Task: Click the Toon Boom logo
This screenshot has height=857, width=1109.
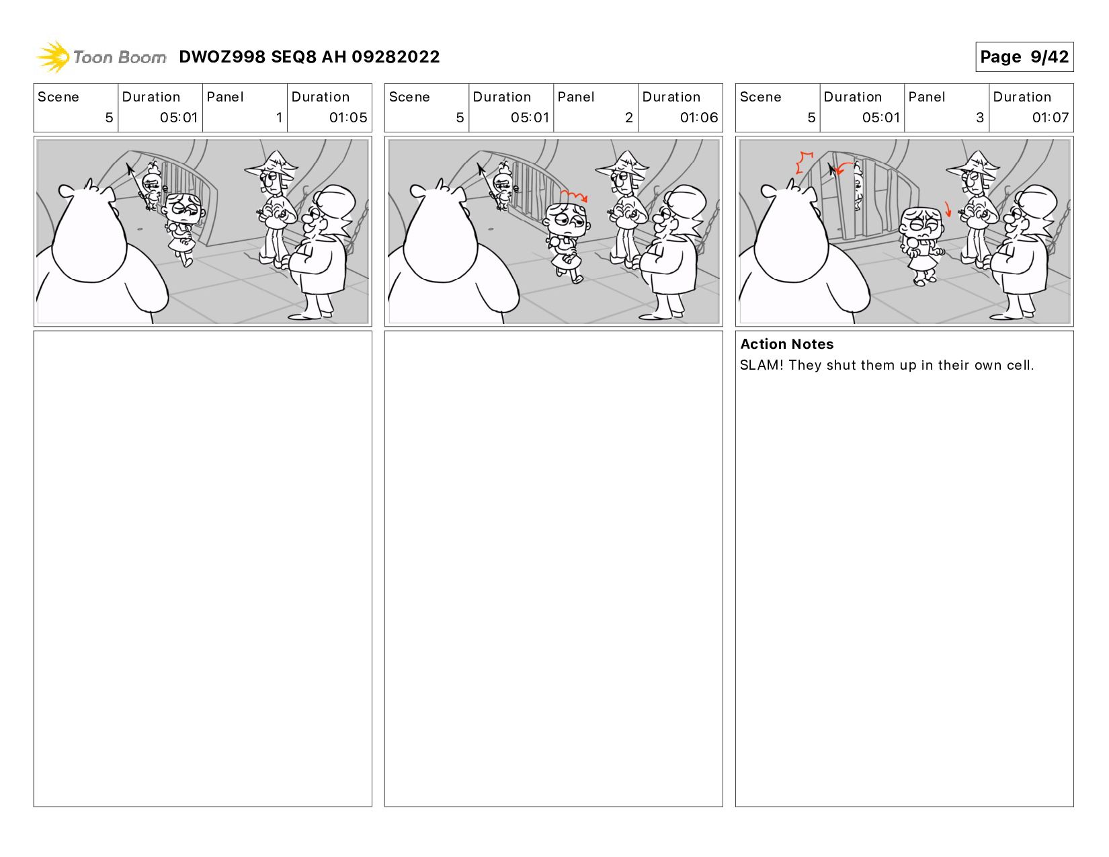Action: click(x=101, y=56)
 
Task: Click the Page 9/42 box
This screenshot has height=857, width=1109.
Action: click(x=1024, y=56)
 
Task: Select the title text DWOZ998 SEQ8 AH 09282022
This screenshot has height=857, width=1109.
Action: click(x=309, y=56)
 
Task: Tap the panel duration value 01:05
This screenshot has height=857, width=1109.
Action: click(x=347, y=118)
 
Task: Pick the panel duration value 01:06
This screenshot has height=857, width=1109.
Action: click(x=698, y=118)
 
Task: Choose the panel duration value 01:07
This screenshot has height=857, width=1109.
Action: click(x=1050, y=118)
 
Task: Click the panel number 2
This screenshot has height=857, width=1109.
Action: click(x=628, y=118)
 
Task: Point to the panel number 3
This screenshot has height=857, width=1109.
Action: click(x=979, y=118)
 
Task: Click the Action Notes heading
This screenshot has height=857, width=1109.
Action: click(x=786, y=343)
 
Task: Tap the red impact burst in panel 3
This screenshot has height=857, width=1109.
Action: click(x=804, y=162)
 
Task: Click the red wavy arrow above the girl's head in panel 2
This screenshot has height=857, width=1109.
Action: click(x=573, y=196)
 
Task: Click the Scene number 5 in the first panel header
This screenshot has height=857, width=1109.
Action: click(x=109, y=118)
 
